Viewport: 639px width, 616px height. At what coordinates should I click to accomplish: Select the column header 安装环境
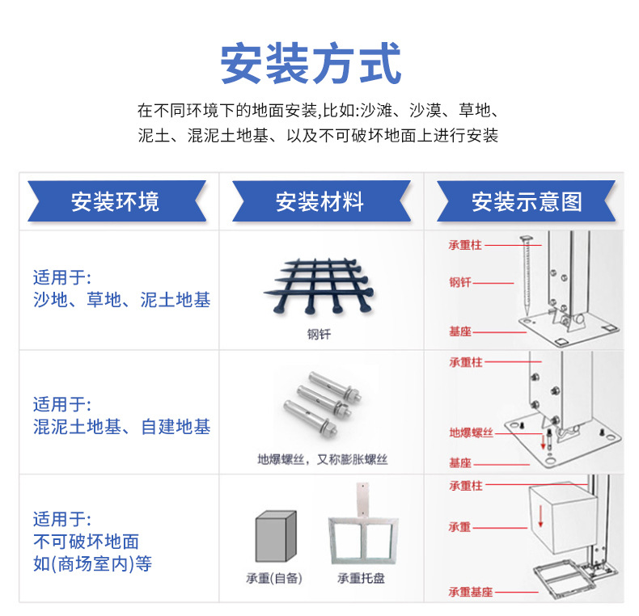click(115, 201)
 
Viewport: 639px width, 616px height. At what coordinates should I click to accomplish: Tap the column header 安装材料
click(319, 201)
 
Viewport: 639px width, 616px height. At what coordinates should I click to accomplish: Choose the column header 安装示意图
click(527, 201)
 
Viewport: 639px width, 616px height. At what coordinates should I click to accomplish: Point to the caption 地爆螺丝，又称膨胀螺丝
click(323, 459)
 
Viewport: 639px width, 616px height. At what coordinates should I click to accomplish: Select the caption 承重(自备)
click(274, 578)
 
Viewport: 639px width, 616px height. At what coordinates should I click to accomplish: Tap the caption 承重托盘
click(361, 578)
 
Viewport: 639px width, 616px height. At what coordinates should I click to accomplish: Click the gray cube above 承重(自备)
click(275, 537)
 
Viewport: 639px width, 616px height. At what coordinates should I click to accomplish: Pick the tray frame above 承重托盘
click(361, 538)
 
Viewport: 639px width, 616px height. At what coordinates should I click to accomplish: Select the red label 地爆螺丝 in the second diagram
click(471, 432)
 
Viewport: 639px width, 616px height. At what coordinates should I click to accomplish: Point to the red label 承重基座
click(471, 592)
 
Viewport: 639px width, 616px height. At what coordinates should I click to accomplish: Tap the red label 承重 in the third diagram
click(460, 527)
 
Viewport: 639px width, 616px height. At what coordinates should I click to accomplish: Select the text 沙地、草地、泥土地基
click(121, 300)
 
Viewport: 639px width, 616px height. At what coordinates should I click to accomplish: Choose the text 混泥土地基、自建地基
click(121, 426)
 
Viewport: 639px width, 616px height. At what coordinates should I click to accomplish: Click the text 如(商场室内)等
click(92, 563)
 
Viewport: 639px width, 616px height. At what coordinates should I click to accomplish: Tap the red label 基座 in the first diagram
click(460, 331)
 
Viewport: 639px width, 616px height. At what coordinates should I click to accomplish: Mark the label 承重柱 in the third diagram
click(466, 486)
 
